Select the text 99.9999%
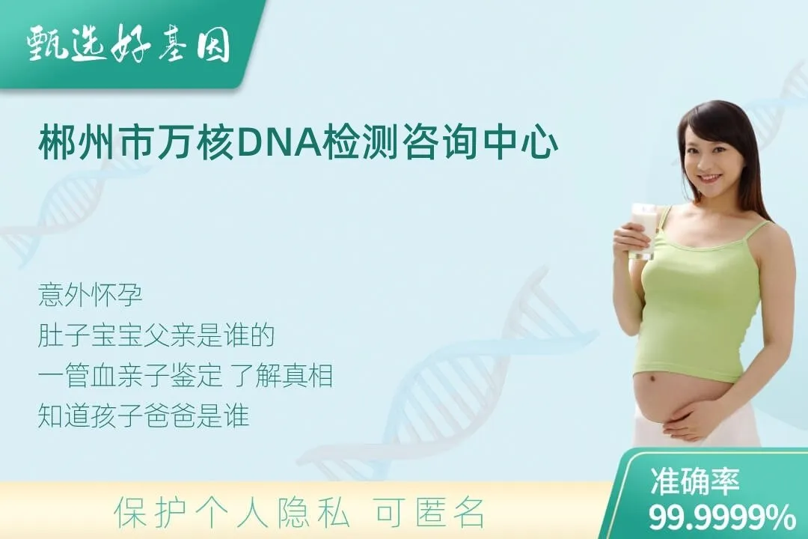721,517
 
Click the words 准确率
695,481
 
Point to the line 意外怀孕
90,295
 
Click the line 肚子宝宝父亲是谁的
156,335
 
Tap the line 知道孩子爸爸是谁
144,415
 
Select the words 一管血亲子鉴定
130,376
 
